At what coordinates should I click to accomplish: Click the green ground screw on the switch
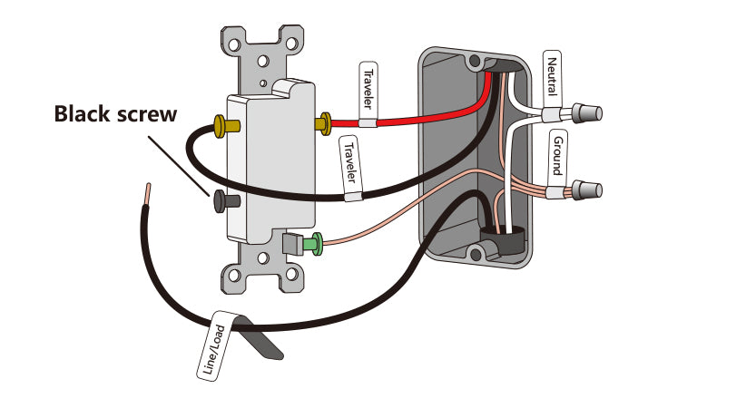tap(314, 243)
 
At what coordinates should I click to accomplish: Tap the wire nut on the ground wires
tap(585, 191)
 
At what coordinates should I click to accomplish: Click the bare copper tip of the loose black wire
tap(148, 193)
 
